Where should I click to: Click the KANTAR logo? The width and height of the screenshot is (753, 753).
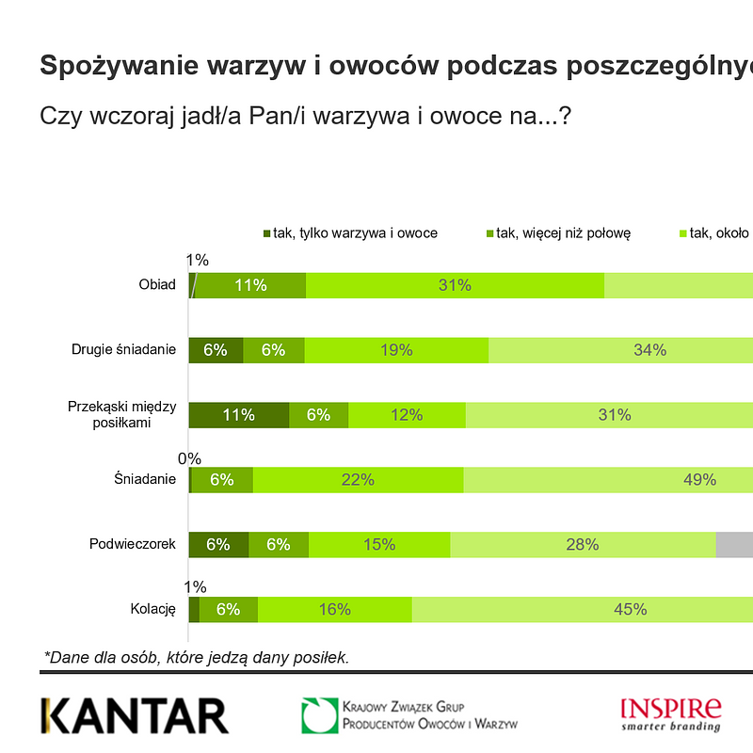[134, 715]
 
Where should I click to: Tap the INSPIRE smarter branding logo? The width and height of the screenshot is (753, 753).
[671, 713]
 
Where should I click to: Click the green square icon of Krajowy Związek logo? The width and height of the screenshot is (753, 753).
[319, 715]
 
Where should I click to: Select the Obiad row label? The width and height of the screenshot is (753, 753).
[157, 284]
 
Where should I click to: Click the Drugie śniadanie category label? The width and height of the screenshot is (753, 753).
[124, 349]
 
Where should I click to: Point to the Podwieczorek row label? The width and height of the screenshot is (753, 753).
[133, 543]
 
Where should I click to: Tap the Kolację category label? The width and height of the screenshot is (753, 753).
[153, 608]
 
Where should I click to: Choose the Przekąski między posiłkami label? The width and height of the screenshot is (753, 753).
[122, 414]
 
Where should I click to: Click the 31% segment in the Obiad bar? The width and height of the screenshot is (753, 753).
[455, 285]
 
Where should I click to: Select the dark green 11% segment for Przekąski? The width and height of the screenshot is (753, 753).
[239, 414]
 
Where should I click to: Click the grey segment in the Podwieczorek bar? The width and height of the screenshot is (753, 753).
[734, 544]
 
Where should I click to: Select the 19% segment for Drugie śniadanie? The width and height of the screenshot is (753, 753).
[396, 350]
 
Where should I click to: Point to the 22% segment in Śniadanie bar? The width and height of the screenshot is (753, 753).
[358, 479]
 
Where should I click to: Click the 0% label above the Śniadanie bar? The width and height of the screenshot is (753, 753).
[190, 458]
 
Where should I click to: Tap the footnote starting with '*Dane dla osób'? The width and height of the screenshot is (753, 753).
[197, 657]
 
